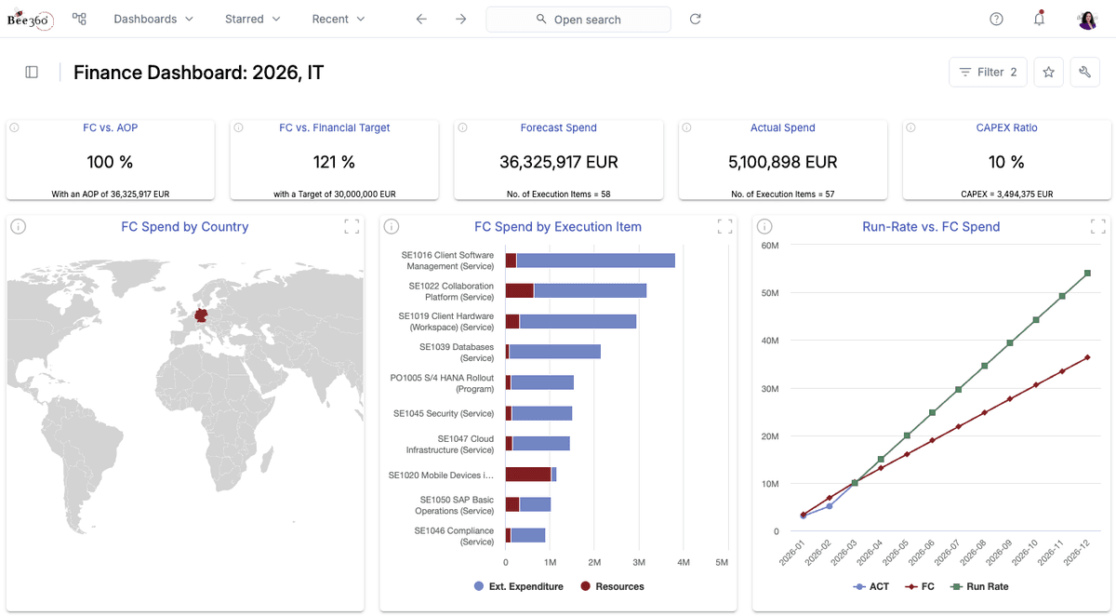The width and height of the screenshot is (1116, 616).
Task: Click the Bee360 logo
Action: (30, 19)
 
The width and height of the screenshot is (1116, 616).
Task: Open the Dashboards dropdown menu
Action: (153, 19)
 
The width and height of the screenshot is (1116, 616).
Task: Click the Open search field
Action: (578, 20)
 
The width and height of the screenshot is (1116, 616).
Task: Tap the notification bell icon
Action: (1039, 19)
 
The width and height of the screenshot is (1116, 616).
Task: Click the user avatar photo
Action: (1087, 20)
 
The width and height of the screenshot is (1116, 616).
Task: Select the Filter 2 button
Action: (988, 73)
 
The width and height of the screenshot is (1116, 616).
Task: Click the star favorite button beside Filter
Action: (1048, 73)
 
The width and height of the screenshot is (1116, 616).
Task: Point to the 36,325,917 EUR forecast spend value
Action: (559, 162)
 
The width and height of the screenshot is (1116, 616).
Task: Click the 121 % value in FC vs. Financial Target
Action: (334, 162)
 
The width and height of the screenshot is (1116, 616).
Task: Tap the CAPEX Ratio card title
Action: (1006, 127)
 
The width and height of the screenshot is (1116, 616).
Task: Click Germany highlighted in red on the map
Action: (201, 315)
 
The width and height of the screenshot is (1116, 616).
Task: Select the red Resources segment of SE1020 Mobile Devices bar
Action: (528, 475)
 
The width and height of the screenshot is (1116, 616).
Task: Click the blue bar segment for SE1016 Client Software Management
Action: (596, 261)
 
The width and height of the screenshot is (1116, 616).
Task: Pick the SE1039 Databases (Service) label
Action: (457, 353)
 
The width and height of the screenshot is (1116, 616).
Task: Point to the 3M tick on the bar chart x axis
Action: (639, 562)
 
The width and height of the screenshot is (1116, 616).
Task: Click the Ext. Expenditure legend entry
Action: (519, 586)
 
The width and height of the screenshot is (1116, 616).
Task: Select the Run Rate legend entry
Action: (979, 586)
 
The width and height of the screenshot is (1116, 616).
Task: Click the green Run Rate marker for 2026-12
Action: (1087, 274)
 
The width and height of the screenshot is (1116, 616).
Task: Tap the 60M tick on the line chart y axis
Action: (770, 246)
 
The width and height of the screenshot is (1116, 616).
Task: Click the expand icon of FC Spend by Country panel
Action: (352, 227)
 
